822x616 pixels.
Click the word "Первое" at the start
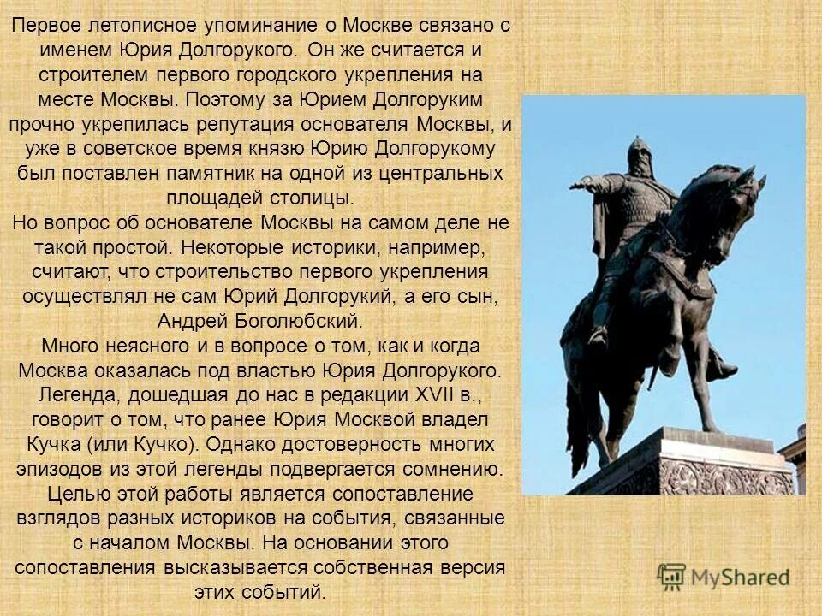tap(44, 25)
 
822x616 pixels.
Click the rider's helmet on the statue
tap(637, 152)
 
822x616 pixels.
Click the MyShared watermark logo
tap(724, 576)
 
